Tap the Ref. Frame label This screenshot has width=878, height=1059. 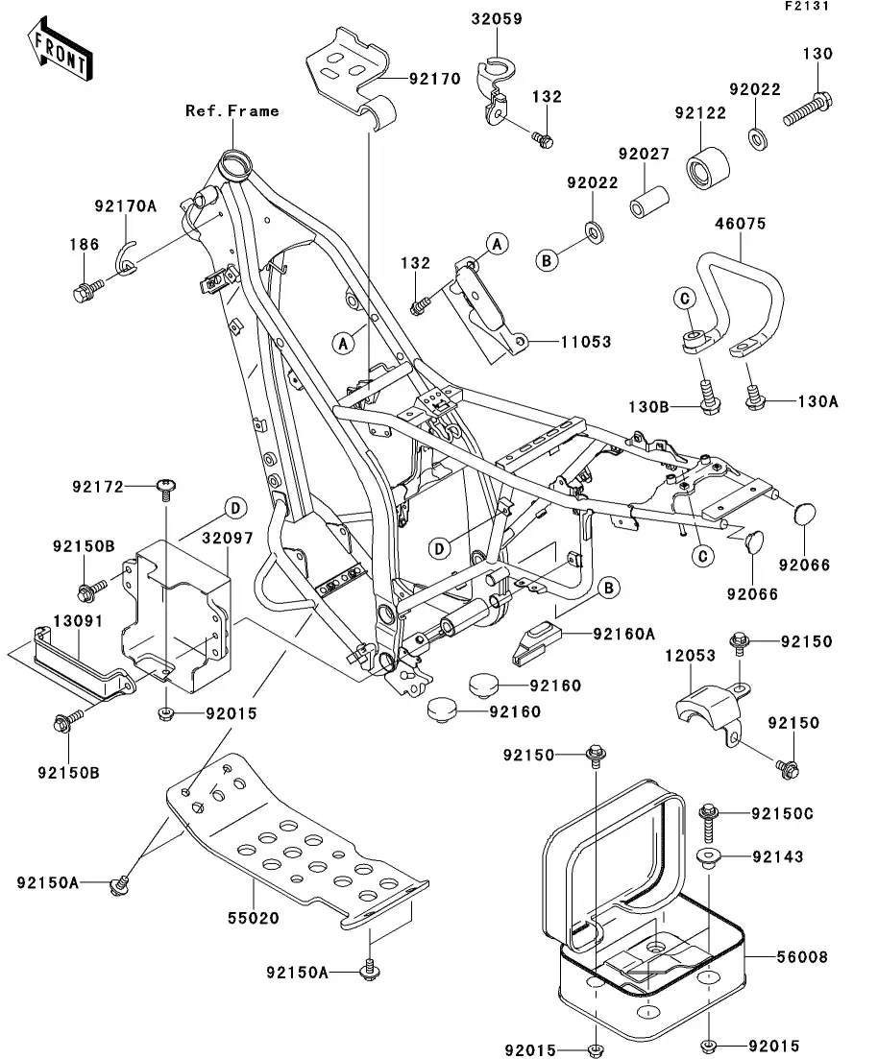click(x=232, y=111)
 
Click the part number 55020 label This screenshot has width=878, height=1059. click(x=254, y=918)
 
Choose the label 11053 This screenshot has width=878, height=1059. click(x=585, y=342)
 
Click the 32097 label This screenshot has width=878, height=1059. click(x=228, y=539)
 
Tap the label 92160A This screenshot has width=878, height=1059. click(x=623, y=634)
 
